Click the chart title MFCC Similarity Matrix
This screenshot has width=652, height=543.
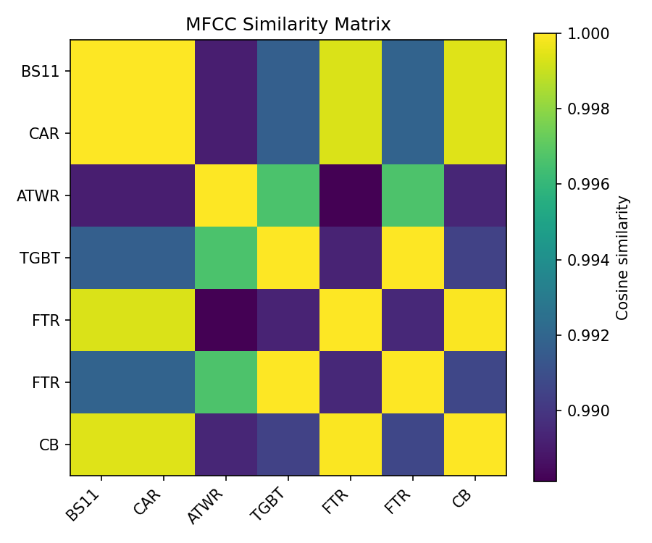288,25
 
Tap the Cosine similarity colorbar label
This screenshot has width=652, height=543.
622,257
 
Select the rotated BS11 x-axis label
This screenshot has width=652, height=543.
85,504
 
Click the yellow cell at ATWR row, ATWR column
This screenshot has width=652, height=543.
226,195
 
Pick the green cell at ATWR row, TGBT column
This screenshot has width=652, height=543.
288,195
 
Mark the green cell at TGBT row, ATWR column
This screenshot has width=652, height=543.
226,258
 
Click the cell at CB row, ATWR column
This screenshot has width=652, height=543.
226,445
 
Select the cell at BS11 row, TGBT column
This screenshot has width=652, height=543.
288,71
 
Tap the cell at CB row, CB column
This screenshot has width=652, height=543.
475,445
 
